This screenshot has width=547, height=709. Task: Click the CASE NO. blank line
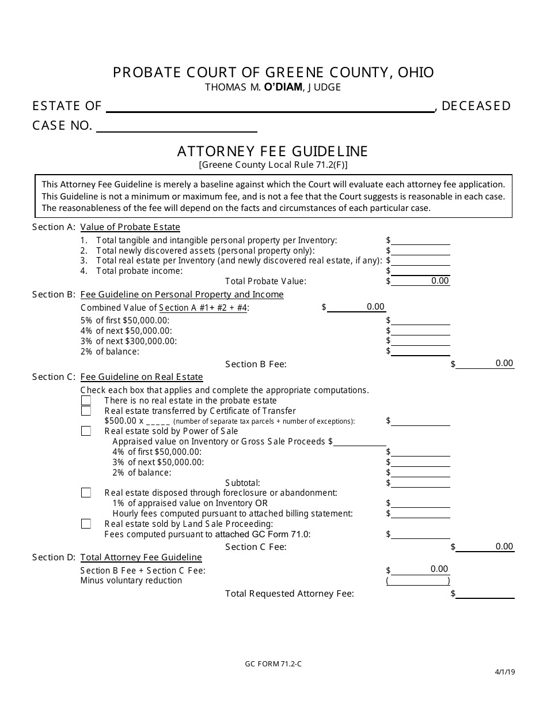coord(176,126)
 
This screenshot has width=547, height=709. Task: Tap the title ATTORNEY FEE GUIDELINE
coord(272,151)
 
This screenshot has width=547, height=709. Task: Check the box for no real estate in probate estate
coord(86,401)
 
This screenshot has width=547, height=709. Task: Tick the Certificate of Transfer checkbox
coord(86,411)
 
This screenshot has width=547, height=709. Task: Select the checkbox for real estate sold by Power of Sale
coord(86,431)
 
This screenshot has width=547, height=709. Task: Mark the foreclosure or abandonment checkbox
coord(86,493)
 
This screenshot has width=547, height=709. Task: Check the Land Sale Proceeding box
coord(86,524)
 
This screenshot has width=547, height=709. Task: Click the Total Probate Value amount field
coord(420,281)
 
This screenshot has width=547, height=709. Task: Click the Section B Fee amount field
coord(485,363)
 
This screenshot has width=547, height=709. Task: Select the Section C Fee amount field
coord(485,546)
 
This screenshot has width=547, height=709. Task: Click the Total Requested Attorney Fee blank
coord(485,594)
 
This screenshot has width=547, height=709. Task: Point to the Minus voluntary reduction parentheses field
coord(418,581)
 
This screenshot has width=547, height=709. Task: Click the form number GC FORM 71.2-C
coord(273,663)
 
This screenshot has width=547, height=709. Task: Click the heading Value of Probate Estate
coord(130,227)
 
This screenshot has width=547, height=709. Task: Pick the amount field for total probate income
coord(420,271)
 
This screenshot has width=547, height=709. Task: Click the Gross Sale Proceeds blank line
coord(360,442)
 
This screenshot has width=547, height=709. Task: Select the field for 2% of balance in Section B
coord(420,351)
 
